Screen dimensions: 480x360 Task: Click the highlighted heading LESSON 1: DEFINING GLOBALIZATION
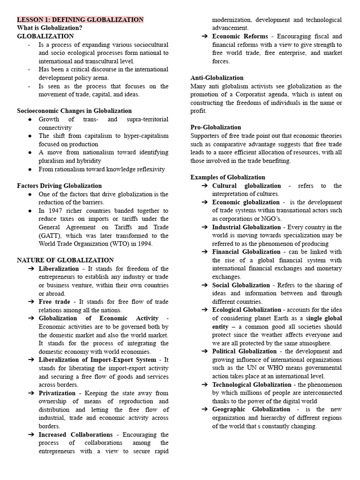click(x=80, y=20)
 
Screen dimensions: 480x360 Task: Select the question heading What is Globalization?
click(x=50, y=28)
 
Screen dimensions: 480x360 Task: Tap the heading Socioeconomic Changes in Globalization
click(x=74, y=111)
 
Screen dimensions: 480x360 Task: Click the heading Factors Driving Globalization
click(x=59, y=186)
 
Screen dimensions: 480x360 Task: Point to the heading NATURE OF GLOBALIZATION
click(x=65, y=260)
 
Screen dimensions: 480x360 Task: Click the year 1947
click(x=54, y=211)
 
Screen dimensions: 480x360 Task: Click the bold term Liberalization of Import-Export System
click(x=97, y=360)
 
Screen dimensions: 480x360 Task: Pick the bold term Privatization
click(x=57, y=393)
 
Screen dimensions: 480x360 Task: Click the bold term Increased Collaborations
click(x=75, y=435)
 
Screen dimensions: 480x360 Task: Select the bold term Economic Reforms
click(x=240, y=37)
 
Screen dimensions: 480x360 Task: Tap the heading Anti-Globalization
click(x=217, y=78)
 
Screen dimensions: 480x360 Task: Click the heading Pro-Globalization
click(x=216, y=127)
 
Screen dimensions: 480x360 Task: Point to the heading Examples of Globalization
click(x=227, y=177)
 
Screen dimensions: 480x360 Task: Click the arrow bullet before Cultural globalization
click(x=205, y=186)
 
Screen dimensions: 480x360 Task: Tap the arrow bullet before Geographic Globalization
click(x=205, y=409)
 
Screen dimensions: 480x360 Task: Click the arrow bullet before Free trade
click(x=31, y=302)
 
